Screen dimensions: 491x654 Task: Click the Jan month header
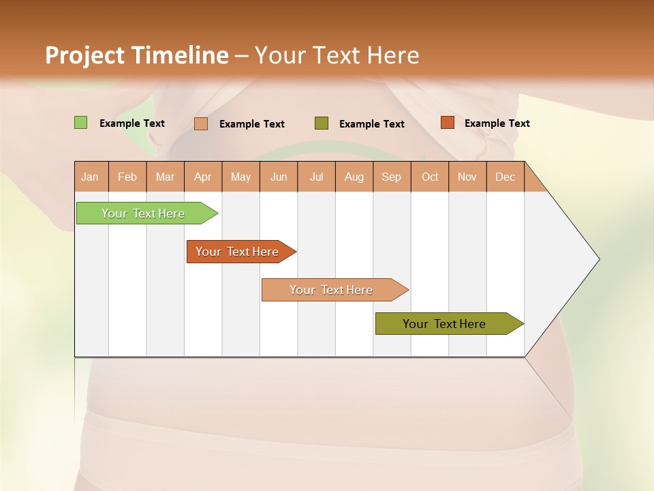91,177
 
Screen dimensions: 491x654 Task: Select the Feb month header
127,177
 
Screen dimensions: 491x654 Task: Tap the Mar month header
165,177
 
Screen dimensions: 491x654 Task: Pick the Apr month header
203,177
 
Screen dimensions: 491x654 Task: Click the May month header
240,177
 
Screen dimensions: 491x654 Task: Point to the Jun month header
279,177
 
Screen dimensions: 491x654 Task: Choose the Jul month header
316,177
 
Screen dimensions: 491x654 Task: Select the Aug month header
354,177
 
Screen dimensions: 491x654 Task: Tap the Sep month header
392,177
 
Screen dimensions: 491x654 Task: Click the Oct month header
430,177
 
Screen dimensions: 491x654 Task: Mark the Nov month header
467,177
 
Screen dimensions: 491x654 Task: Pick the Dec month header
505,177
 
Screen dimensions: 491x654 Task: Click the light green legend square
80,123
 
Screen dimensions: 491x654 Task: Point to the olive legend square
322,123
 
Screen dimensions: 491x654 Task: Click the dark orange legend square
447,123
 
